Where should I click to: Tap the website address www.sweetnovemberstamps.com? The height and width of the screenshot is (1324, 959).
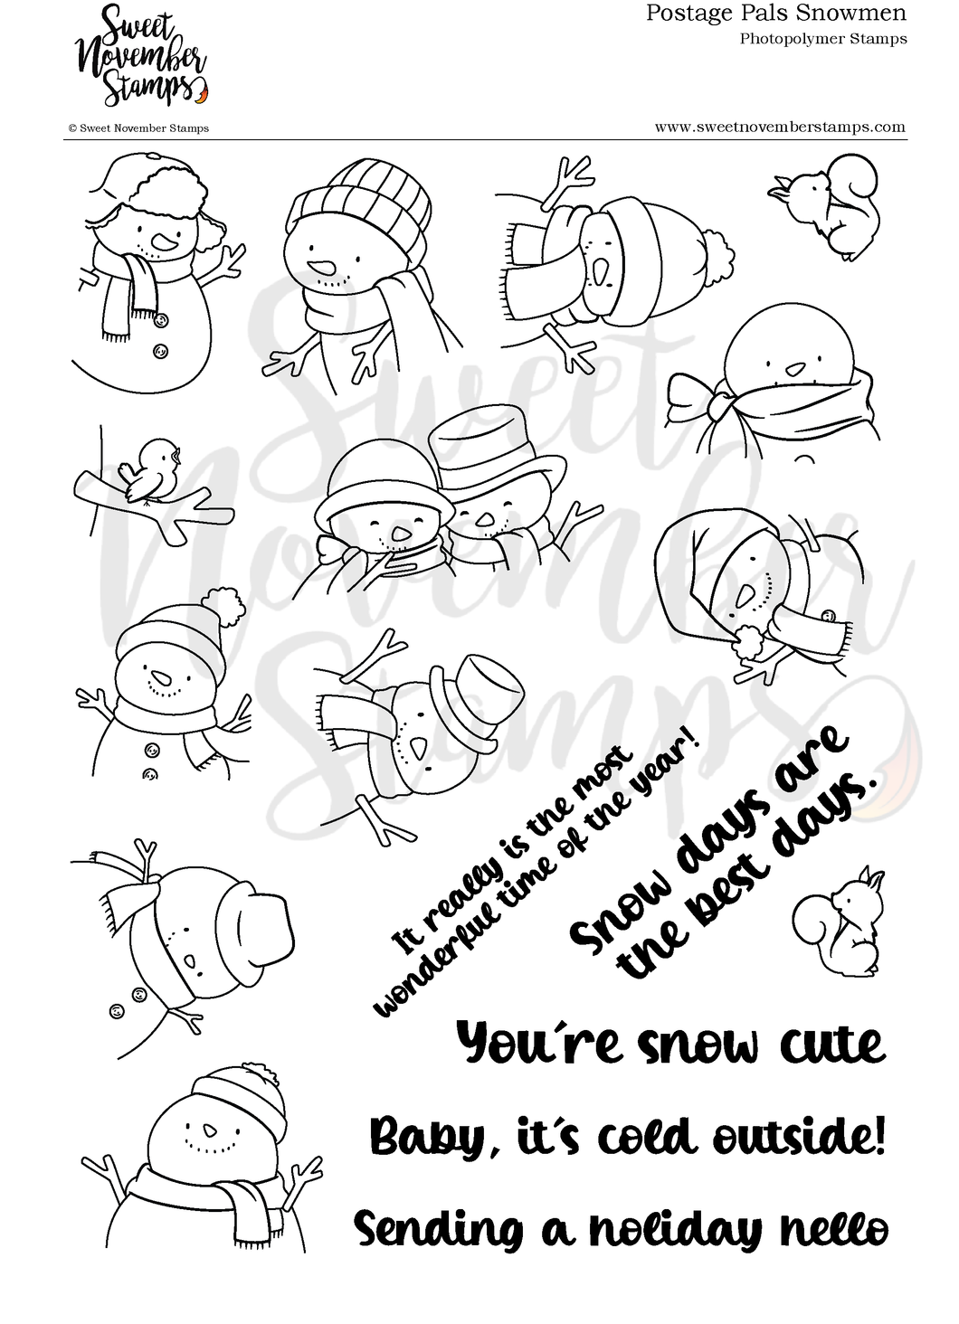779,127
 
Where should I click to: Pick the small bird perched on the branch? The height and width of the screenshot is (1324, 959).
153,470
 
